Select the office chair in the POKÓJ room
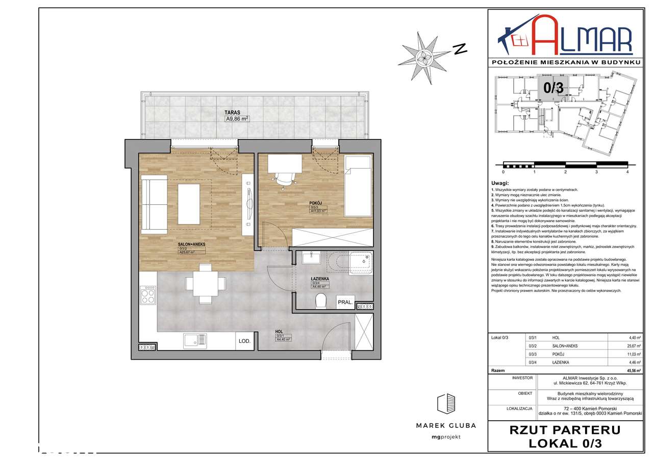(284, 179)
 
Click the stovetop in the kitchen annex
(147, 295)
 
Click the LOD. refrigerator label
(243, 341)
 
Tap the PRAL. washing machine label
(345, 303)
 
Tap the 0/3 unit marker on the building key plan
(553, 87)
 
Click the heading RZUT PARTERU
(565, 429)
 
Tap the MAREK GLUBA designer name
(446, 425)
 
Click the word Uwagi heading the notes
(500, 183)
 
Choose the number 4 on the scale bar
(627, 172)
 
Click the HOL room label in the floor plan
(279, 332)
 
